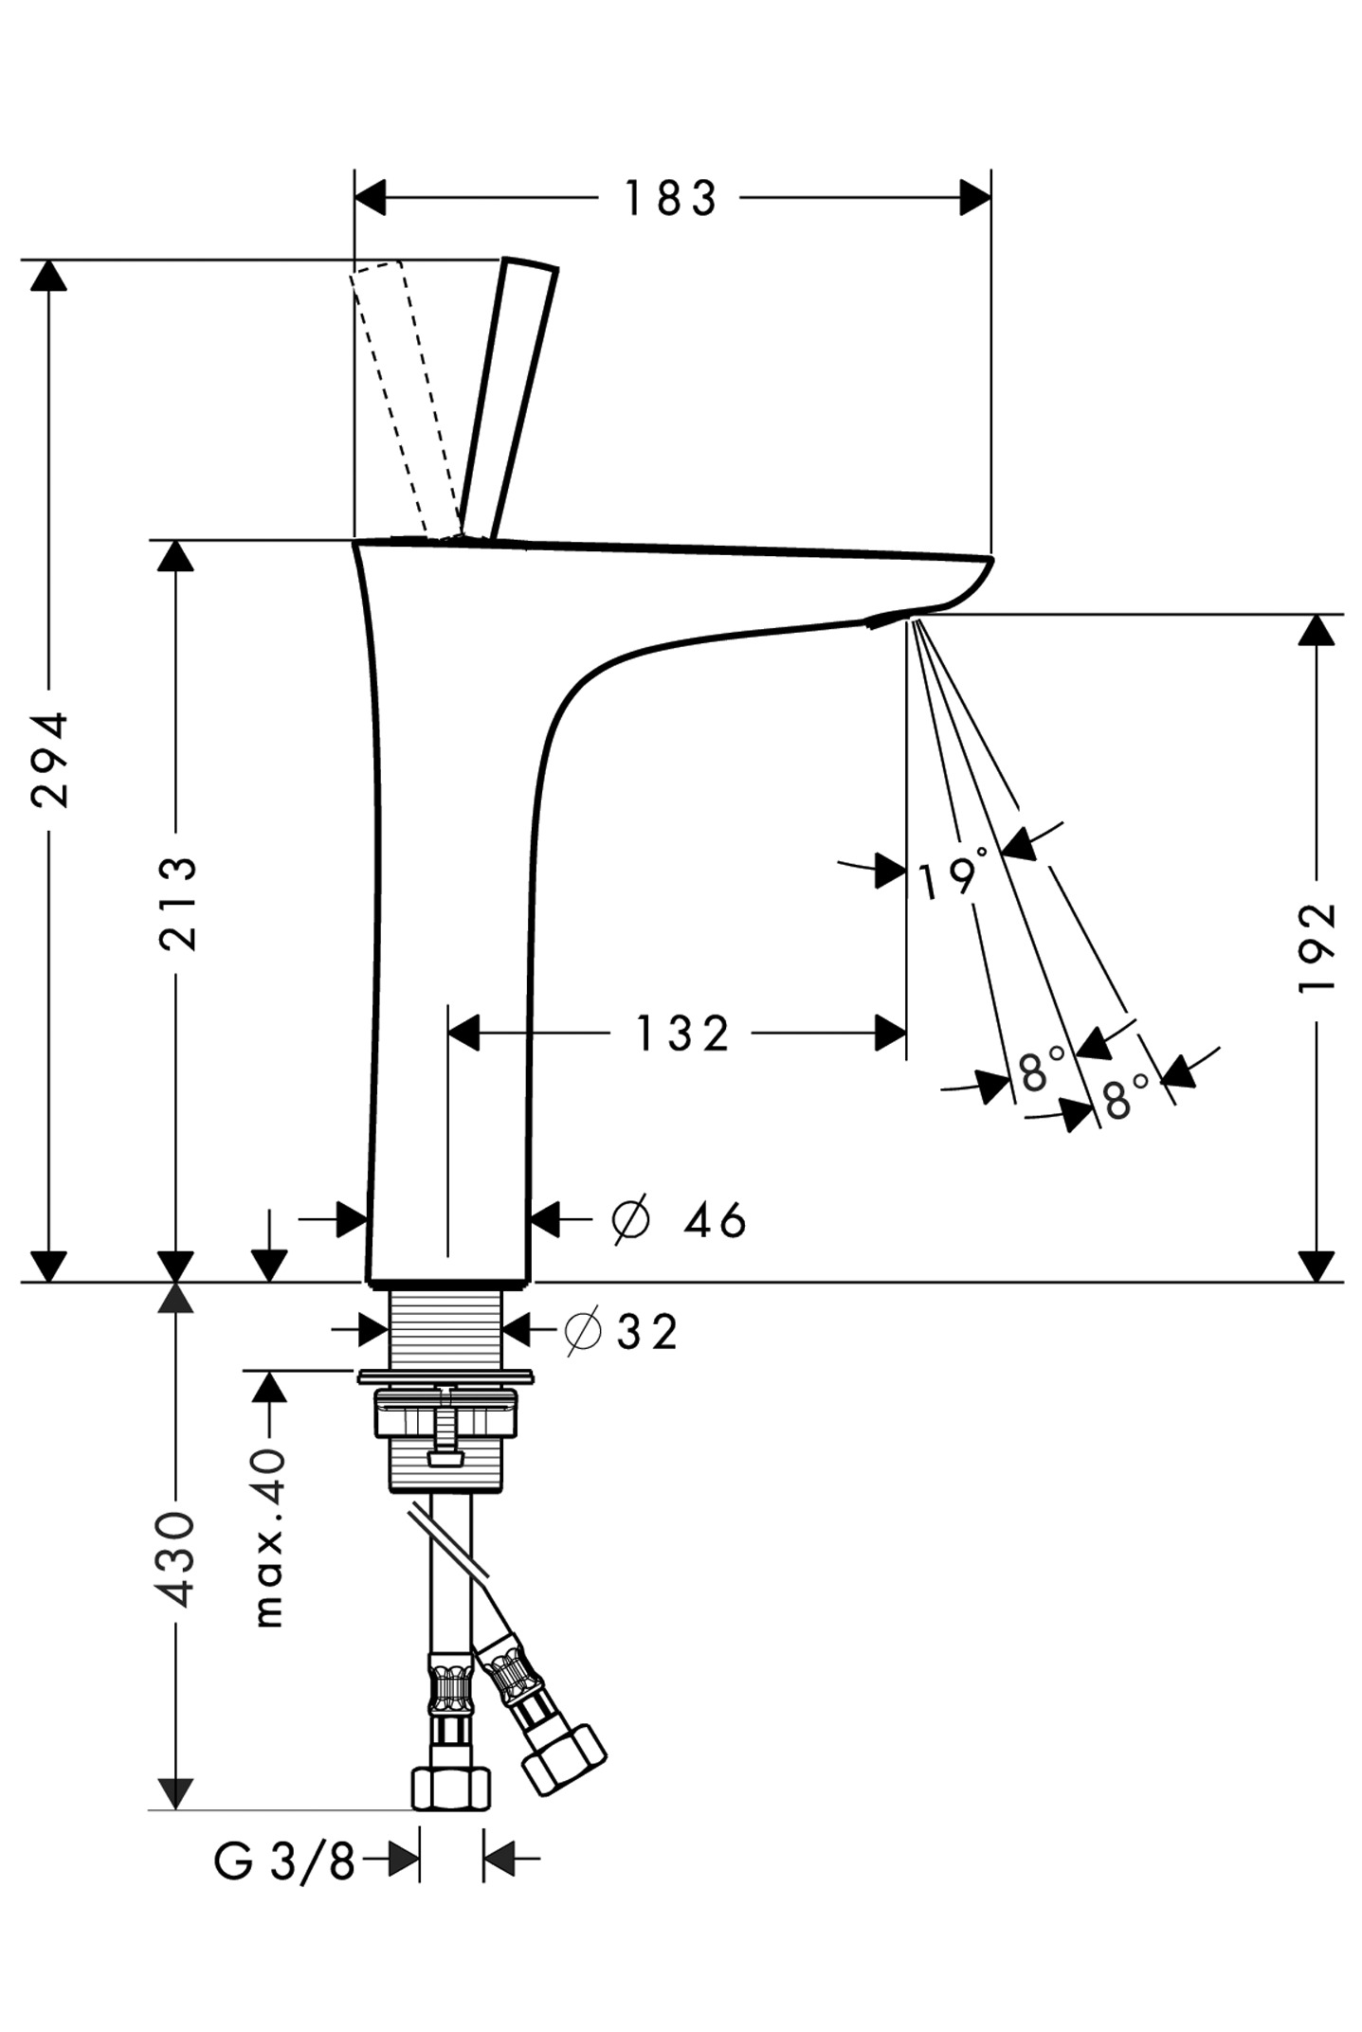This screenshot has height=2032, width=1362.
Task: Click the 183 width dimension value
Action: click(x=669, y=199)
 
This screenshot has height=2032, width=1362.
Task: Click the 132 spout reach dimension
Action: click(x=681, y=1034)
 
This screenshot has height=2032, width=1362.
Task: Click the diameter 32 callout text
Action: click(x=622, y=1332)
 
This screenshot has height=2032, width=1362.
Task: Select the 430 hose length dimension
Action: click(x=177, y=1558)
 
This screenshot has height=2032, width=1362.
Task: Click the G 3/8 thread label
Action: click(x=283, y=1861)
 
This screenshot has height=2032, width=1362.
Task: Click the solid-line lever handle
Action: click(x=508, y=398)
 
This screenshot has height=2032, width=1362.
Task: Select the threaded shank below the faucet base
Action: click(x=447, y=1327)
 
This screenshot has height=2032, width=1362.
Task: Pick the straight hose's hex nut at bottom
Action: click(x=450, y=1786)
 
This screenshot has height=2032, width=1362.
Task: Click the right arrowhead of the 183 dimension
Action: click(x=974, y=198)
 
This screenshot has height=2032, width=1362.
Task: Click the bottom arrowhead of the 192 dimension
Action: click(x=1317, y=1266)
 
